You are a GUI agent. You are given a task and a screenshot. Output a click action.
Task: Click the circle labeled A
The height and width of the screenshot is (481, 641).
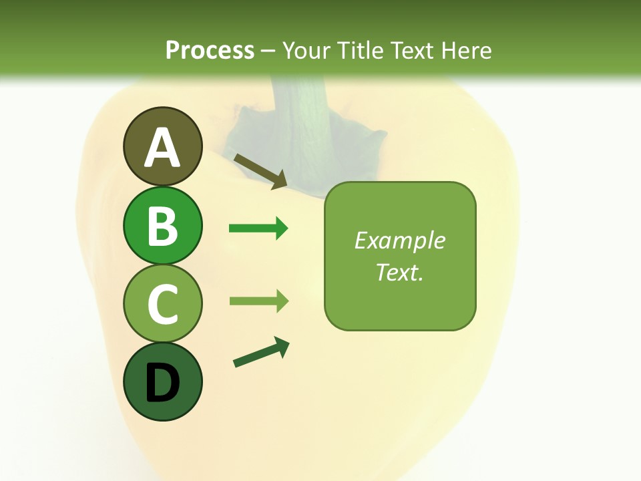tap(162, 146)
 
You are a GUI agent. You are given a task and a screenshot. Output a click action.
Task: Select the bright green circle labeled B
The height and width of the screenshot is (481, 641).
tap(162, 225)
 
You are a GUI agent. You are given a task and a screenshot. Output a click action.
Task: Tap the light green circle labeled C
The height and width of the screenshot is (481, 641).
tap(162, 303)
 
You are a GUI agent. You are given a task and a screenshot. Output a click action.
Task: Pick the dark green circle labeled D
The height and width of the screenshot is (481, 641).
tap(162, 381)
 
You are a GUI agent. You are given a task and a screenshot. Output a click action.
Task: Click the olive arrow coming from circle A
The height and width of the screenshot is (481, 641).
tap(260, 171)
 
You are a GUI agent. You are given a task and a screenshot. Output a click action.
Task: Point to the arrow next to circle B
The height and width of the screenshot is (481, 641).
tap(258, 228)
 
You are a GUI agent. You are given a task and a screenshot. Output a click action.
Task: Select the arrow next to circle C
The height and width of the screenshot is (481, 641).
tap(258, 301)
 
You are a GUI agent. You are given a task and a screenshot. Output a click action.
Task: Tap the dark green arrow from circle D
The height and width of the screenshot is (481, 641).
tap(261, 353)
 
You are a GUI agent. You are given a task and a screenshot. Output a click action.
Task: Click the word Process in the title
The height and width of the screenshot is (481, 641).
tap(210, 50)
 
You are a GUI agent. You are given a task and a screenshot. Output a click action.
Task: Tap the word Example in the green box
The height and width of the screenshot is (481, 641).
tap(399, 240)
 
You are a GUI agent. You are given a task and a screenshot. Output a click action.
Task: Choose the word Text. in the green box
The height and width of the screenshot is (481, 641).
tap(399, 272)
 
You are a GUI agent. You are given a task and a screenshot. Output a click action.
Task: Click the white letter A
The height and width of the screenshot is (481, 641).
tap(162, 148)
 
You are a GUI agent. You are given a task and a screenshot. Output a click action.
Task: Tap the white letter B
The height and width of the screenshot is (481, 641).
tap(162, 226)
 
